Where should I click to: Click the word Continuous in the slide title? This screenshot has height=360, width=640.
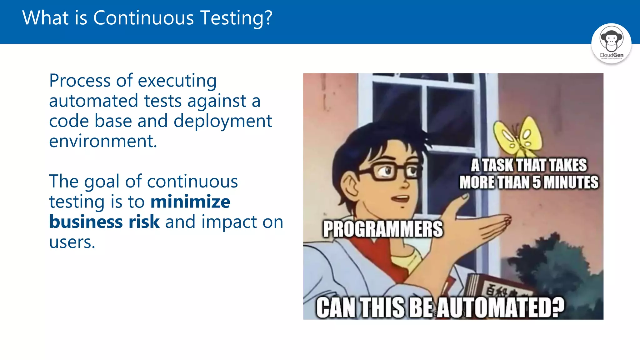click(x=143, y=18)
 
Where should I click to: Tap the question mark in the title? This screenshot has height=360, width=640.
click(x=267, y=18)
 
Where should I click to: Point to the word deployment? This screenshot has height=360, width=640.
click(x=222, y=121)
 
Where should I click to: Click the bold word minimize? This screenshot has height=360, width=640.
click(x=190, y=202)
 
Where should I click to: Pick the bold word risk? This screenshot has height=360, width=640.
click(x=144, y=222)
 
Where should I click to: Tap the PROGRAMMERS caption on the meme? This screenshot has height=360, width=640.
click(x=382, y=229)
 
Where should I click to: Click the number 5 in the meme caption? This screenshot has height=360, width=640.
click(x=536, y=182)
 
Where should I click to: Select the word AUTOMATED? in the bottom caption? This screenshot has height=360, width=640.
click(x=500, y=307)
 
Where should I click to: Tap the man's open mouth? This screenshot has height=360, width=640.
click(x=401, y=198)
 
